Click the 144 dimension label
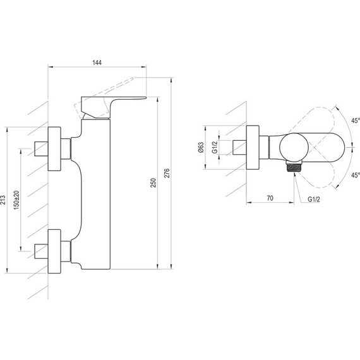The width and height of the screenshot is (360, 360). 97,63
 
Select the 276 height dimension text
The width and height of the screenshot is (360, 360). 167,173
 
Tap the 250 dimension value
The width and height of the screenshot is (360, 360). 153,183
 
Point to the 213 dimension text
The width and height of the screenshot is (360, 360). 3,200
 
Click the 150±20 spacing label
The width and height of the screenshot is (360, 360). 17,200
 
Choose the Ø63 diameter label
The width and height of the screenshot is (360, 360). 201,147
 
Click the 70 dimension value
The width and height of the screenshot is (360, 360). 270,198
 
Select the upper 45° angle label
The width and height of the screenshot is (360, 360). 356,121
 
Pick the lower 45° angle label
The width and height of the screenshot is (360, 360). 356,175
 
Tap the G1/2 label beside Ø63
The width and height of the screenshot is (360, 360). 215,147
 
